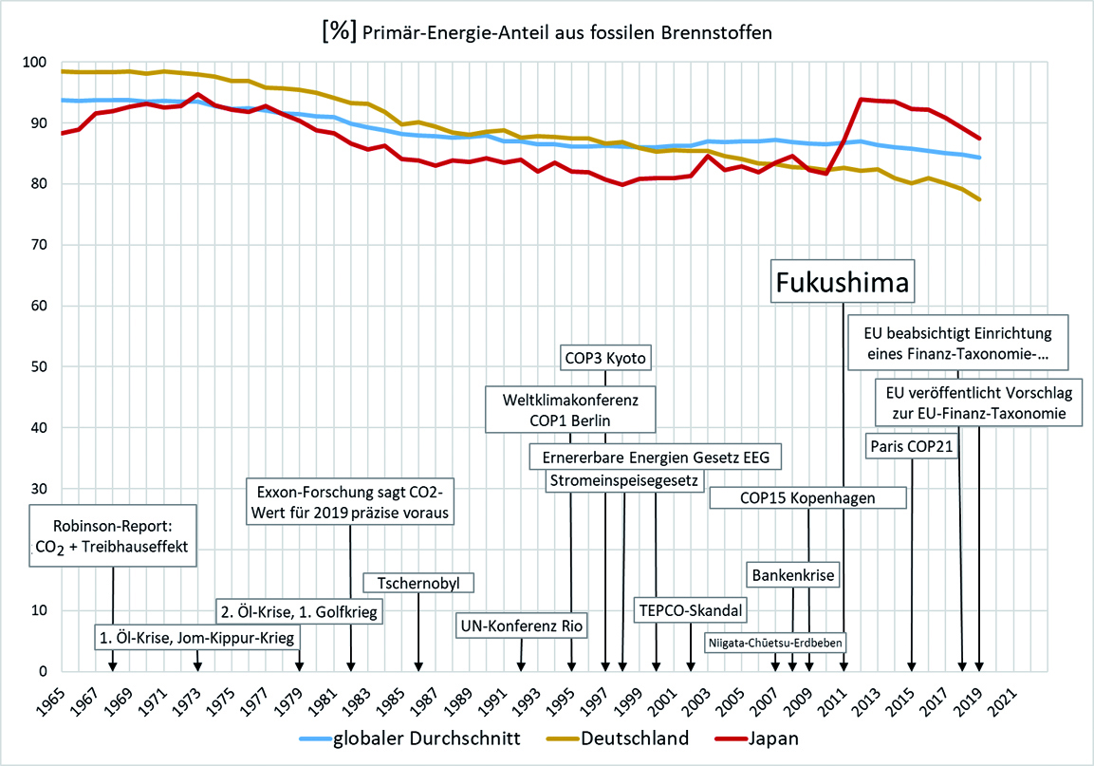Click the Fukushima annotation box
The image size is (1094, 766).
(x=843, y=281)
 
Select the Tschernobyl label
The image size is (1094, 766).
(x=418, y=582)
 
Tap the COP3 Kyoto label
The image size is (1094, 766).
(x=606, y=357)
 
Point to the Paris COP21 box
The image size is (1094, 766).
(x=911, y=446)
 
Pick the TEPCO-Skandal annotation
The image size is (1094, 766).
(x=690, y=608)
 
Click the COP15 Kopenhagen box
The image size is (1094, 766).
(x=807, y=496)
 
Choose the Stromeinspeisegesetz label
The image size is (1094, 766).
(x=624, y=481)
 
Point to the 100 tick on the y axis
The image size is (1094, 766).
(x=31, y=63)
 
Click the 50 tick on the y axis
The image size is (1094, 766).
(x=35, y=367)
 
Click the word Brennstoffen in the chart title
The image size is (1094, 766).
(x=707, y=33)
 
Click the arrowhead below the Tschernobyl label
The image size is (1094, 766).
(x=418, y=667)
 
